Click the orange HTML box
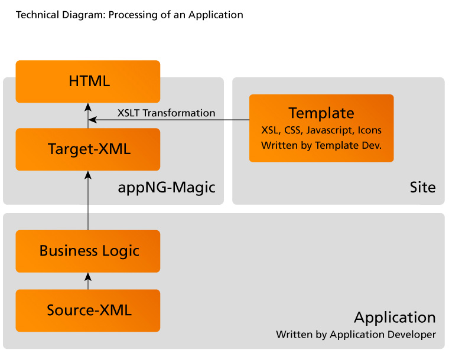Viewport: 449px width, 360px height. coord(88,81)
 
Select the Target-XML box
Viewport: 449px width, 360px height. coord(88,149)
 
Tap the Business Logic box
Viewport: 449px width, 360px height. coord(88,251)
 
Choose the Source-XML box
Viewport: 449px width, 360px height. coord(88,310)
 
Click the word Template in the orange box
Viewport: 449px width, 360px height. coord(321,113)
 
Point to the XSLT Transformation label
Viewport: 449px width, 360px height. coord(166,113)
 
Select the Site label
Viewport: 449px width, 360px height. coord(422,188)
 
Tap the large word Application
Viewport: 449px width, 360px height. coord(395,318)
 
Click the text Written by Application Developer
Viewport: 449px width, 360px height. coord(356,335)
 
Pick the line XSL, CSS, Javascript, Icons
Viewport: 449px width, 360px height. coord(321,130)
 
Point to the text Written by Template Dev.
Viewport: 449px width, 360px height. coord(321,145)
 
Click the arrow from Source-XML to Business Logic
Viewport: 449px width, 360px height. coord(88,281)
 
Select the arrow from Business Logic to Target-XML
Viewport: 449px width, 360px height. coord(88,201)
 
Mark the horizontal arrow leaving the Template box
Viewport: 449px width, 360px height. coord(171,120)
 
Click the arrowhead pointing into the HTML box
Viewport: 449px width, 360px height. coord(88,106)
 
